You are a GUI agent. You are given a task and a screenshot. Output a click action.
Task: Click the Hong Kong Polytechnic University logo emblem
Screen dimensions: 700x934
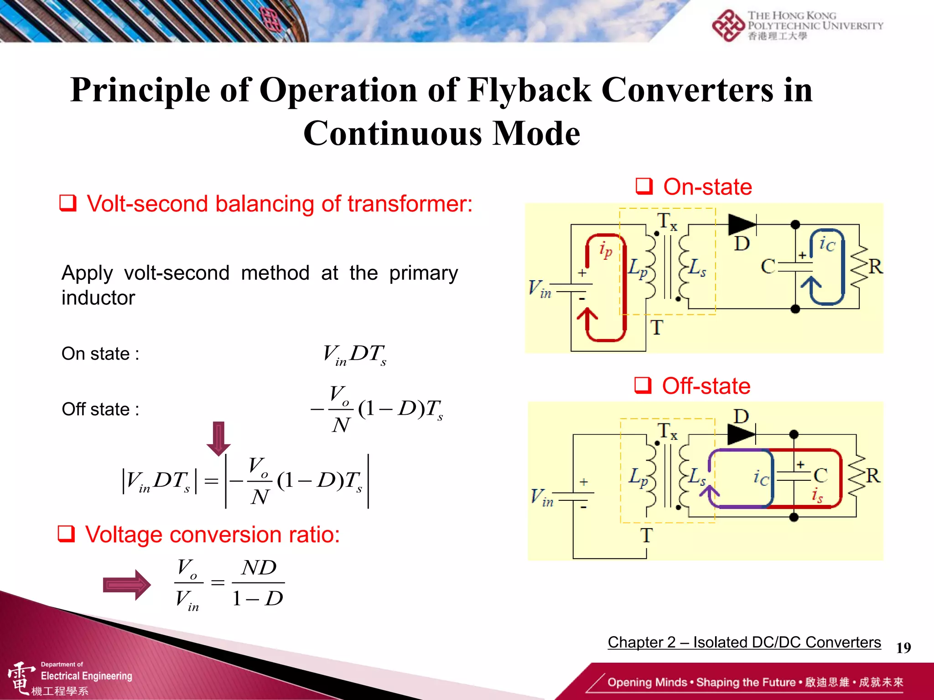pos(728,26)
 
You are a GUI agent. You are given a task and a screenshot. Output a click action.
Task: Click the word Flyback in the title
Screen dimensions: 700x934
pos(529,90)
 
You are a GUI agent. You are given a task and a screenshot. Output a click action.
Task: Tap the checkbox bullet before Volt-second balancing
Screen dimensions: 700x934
pos(68,203)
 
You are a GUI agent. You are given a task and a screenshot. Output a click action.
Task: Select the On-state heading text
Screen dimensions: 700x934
pos(707,187)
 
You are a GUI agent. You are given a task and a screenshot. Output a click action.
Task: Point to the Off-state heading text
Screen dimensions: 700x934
pos(706,386)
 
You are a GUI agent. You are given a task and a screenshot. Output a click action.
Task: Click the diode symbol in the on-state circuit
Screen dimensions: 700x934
pos(742,225)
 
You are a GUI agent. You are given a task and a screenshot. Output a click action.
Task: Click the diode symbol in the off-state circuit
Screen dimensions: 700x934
pos(741,434)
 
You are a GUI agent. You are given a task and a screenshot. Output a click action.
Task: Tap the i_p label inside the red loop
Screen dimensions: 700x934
pos(606,249)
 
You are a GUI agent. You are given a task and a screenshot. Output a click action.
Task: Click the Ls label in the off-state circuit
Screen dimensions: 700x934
pos(696,476)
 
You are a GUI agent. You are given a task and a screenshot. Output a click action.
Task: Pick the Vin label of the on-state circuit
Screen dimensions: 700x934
pos(540,289)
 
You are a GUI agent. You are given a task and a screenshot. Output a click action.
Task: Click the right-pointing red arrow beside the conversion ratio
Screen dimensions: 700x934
pos(127,585)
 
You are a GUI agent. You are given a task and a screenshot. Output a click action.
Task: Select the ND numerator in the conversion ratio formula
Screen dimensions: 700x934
pos(259,568)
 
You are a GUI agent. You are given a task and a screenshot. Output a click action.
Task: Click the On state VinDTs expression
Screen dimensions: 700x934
pos(354,355)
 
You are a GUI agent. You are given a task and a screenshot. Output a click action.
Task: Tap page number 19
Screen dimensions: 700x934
pos(903,648)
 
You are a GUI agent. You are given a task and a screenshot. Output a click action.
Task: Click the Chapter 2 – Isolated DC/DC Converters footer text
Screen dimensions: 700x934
pos(744,642)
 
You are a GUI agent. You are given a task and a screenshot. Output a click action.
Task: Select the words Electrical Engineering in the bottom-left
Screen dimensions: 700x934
pos(86,676)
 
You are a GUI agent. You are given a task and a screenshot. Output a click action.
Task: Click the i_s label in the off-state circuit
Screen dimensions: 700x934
pos(817,495)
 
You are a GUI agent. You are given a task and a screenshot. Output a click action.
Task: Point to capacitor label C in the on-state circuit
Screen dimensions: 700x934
pos(768,266)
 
